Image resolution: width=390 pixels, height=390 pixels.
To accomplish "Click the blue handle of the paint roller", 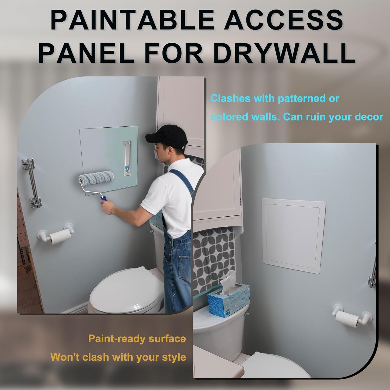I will [x=103, y=199].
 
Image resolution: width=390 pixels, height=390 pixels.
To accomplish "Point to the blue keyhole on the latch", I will [x=127, y=169].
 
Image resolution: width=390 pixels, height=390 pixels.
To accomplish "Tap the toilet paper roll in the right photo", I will [x=347, y=318].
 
